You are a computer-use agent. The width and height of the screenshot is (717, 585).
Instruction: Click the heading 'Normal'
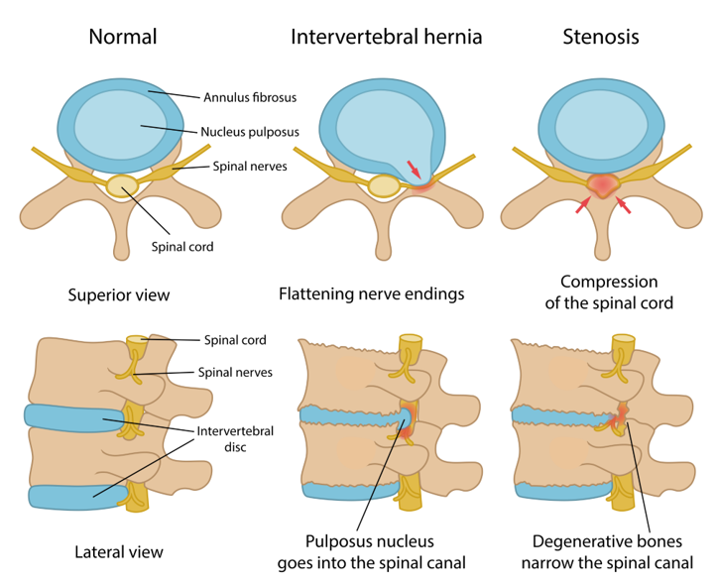click(x=123, y=38)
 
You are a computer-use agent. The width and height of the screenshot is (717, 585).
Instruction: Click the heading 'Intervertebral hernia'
click(x=386, y=38)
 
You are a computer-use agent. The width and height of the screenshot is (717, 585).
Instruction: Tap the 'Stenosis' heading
click(x=600, y=38)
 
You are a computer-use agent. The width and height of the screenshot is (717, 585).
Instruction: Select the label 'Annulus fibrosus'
click(x=250, y=97)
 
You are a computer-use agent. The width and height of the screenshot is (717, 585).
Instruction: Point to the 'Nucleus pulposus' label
click(x=249, y=131)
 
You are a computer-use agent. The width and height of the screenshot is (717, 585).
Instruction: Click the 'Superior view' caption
click(x=118, y=294)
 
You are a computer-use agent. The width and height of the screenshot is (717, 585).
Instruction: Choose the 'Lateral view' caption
click(x=118, y=551)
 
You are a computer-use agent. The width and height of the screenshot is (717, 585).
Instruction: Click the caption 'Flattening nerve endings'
click(x=372, y=294)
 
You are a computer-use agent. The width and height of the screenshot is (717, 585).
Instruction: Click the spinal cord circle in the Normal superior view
click(x=122, y=185)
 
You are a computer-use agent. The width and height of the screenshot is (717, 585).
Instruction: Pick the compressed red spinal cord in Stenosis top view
click(x=601, y=184)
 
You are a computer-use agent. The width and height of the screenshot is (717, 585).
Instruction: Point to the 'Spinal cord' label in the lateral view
click(x=234, y=340)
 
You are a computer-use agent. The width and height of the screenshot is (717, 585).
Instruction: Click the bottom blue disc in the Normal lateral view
click(x=76, y=495)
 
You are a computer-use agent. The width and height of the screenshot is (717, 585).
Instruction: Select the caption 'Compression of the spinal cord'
click(x=608, y=292)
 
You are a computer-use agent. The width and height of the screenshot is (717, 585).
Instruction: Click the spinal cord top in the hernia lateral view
click(x=410, y=343)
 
